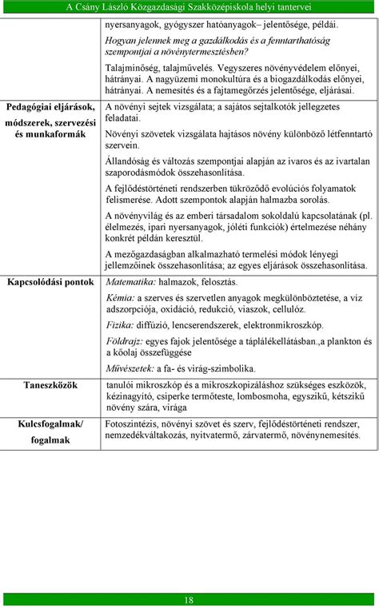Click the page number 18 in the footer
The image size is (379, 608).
click(x=189, y=600)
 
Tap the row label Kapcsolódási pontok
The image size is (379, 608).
click(x=50, y=282)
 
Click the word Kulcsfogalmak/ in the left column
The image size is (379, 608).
click(x=50, y=423)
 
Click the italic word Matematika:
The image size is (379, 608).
click(x=132, y=282)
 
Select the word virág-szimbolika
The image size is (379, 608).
click(x=218, y=368)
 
